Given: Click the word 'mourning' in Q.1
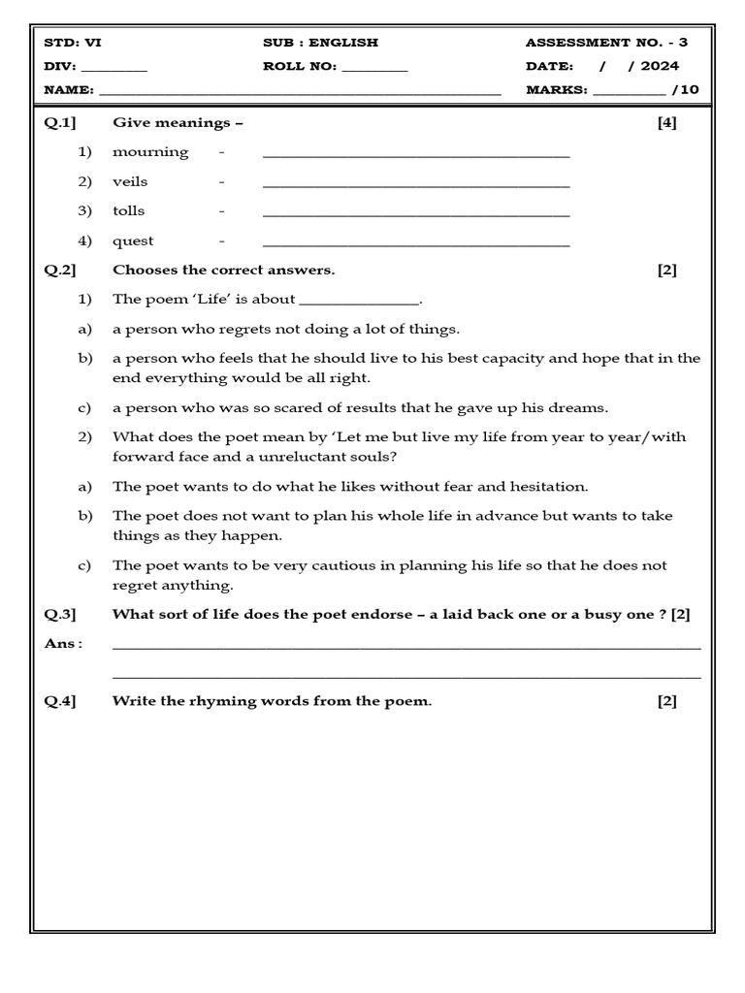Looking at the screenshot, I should [150, 152].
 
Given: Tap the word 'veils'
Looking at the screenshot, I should [130, 181].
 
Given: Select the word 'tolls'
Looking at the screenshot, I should [128, 210].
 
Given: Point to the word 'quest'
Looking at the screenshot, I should [133, 240].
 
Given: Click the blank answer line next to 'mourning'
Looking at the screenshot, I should [416, 155].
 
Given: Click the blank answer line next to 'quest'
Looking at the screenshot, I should [416, 243].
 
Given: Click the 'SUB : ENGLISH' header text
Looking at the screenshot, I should [320, 43].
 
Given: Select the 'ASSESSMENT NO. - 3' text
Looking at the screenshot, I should [606, 43].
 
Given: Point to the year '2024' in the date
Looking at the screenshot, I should [660, 66].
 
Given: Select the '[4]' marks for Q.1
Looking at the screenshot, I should [666, 122].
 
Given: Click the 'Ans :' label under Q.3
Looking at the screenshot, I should [63, 643].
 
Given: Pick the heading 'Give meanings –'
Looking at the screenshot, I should [178, 122].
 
